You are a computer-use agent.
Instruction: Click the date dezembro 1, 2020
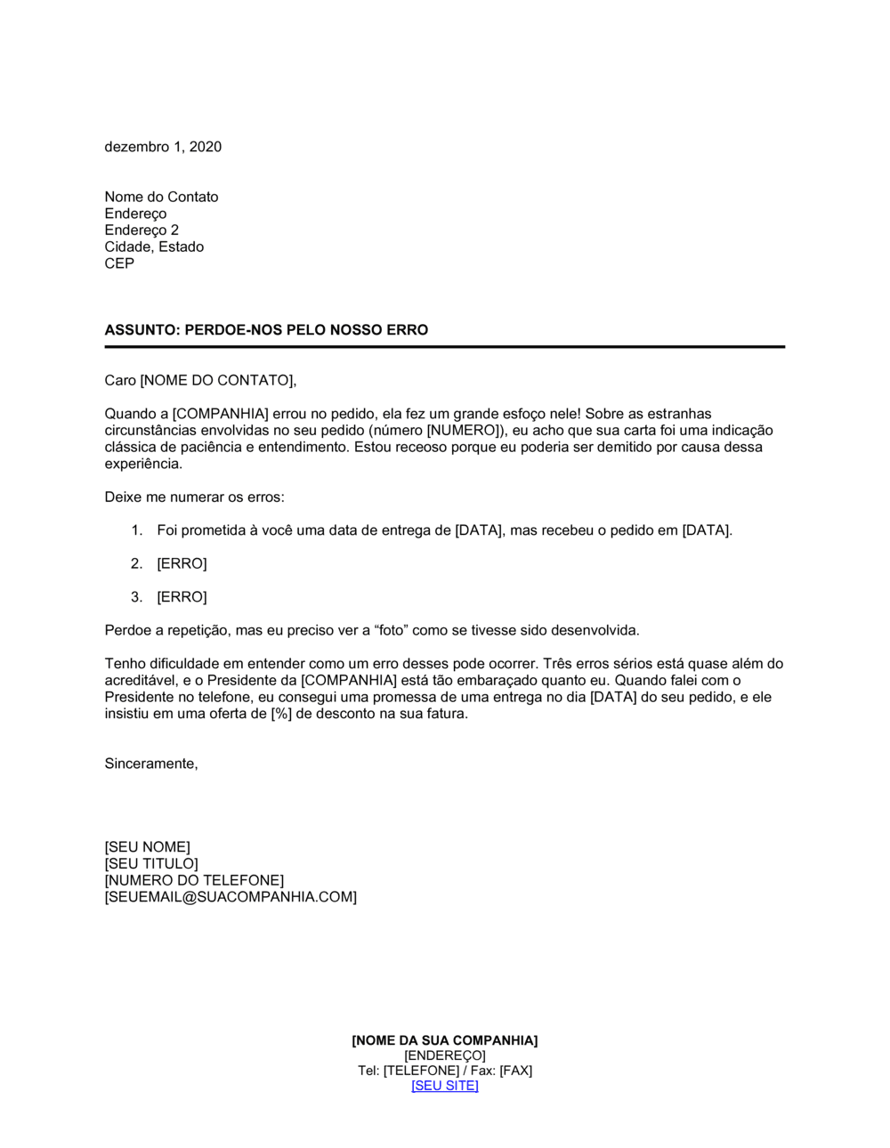pyautogui.click(x=163, y=147)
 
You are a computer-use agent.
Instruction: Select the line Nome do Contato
pyautogui.click(x=161, y=197)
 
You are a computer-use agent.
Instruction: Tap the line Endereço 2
pyautogui.click(x=142, y=230)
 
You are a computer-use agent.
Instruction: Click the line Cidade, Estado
pyautogui.click(x=154, y=247)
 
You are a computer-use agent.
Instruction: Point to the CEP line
pyautogui.click(x=119, y=263)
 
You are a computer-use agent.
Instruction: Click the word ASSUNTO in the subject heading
pyautogui.click(x=142, y=330)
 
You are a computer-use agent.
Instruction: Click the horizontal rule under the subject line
pyautogui.click(x=445, y=346)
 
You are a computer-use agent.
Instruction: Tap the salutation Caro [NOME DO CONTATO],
pyautogui.click(x=200, y=381)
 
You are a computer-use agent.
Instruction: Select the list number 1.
pyautogui.click(x=136, y=530)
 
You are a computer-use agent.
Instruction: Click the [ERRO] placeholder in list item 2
pyautogui.click(x=182, y=563)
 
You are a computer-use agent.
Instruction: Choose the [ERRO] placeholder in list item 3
pyautogui.click(x=182, y=597)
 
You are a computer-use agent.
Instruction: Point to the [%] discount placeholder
pyautogui.click(x=280, y=714)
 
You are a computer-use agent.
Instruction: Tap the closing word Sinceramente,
pyautogui.click(x=151, y=764)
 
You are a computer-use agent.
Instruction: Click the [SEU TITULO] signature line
pyautogui.click(x=151, y=863)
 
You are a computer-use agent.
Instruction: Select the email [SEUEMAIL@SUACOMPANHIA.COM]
pyautogui.click(x=231, y=897)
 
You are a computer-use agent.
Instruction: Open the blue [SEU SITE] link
pyautogui.click(x=445, y=1086)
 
